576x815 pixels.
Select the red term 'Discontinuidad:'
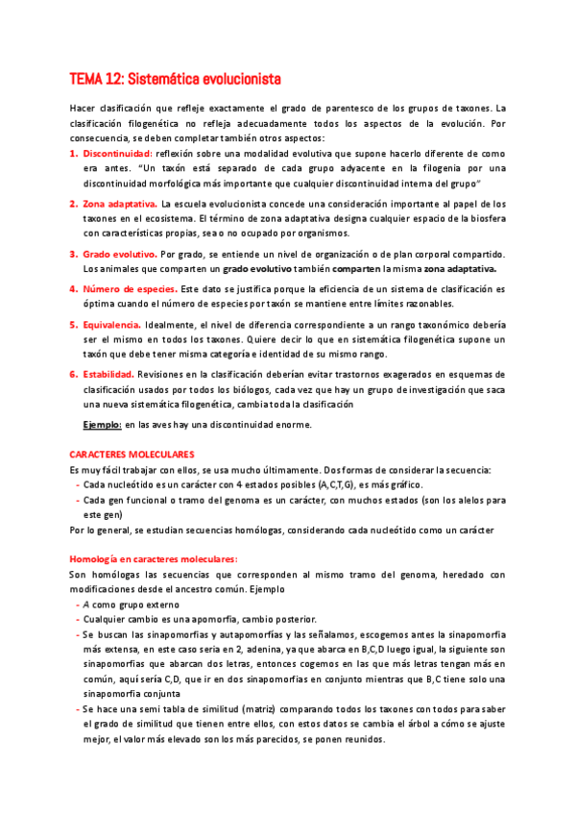click(x=117, y=153)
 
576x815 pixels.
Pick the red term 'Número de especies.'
click(x=130, y=288)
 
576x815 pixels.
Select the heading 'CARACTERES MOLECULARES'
click(x=132, y=453)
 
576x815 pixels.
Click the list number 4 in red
click(x=73, y=288)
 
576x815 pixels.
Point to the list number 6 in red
click(x=73, y=374)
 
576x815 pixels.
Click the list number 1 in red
click(x=73, y=153)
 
